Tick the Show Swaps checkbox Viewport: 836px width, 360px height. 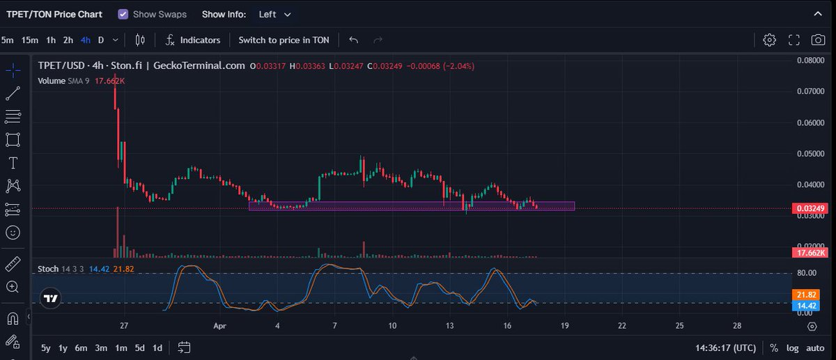point(123,15)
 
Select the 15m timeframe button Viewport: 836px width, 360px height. point(29,40)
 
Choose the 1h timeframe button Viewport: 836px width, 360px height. point(51,40)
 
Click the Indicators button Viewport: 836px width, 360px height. point(192,40)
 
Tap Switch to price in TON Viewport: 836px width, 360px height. point(284,40)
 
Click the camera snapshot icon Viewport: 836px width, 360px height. point(818,40)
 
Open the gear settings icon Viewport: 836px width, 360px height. point(769,40)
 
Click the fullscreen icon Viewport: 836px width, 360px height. point(794,40)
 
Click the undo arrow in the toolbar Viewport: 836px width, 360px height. point(353,40)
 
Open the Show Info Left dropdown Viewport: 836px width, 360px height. point(274,15)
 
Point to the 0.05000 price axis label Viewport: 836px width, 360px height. point(811,154)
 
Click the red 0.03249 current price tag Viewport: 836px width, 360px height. point(810,208)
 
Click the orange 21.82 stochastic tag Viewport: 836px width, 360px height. point(806,295)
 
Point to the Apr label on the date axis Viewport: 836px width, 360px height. point(220,326)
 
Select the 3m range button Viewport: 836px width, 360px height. point(101,348)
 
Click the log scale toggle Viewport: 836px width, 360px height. point(792,348)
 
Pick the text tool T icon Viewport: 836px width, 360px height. point(13,163)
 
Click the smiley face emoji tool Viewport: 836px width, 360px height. point(13,233)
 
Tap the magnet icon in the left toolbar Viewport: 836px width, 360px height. point(13,318)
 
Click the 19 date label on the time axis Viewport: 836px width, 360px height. point(565,326)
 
